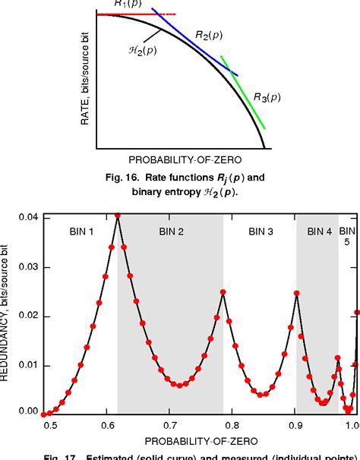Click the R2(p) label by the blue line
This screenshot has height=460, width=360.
[x=207, y=35]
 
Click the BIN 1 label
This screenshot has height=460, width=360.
[x=80, y=232]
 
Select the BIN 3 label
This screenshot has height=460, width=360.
[x=259, y=232]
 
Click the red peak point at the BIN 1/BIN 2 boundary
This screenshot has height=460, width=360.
[x=118, y=216]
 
